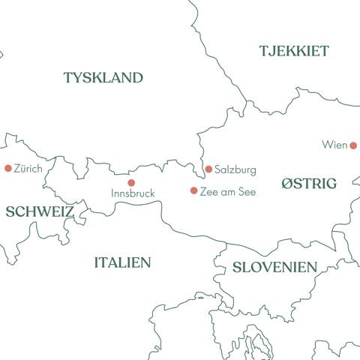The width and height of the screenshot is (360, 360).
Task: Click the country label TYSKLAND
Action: (103, 77)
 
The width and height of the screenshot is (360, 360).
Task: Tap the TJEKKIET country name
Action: (294, 51)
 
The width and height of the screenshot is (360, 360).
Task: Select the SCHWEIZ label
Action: (40, 211)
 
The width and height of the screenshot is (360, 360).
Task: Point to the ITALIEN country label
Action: (122, 262)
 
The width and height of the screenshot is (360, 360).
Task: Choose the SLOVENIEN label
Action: (274, 267)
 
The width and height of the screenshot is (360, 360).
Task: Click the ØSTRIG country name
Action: (309, 184)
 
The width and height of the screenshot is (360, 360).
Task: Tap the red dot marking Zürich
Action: (8, 169)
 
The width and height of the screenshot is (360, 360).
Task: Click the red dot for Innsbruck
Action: (131, 182)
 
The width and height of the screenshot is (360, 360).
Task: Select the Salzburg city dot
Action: (208, 169)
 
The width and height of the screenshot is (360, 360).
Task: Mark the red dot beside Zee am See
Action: (193, 190)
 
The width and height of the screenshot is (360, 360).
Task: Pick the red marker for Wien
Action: (353, 145)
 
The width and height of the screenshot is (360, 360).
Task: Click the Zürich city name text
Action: (28, 169)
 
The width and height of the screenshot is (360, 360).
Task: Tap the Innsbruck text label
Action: (133, 193)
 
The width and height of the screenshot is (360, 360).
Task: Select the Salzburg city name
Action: (235, 170)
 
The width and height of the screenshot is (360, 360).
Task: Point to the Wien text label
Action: (334, 145)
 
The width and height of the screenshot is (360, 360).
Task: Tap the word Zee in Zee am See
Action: (209, 191)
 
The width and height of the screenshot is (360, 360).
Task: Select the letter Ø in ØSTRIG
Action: (287, 184)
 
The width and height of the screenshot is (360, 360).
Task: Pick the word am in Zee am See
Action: (228, 191)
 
